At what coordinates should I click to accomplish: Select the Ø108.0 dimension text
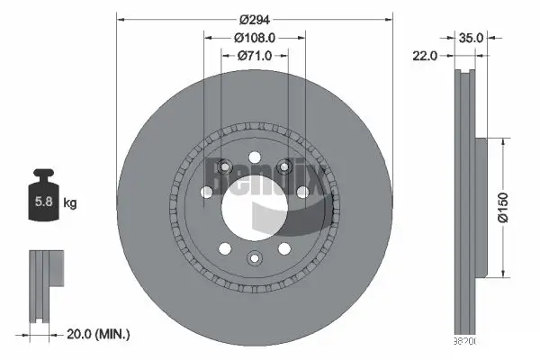[x=255, y=38]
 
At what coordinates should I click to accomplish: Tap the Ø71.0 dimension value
[x=255, y=57]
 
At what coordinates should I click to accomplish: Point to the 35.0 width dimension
[x=472, y=38]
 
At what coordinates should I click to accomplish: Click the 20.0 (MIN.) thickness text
[x=98, y=334]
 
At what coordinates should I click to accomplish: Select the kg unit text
[x=70, y=203]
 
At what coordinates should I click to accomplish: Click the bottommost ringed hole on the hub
[x=253, y=260]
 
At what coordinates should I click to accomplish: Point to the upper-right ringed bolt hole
[x=284, y=166]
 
